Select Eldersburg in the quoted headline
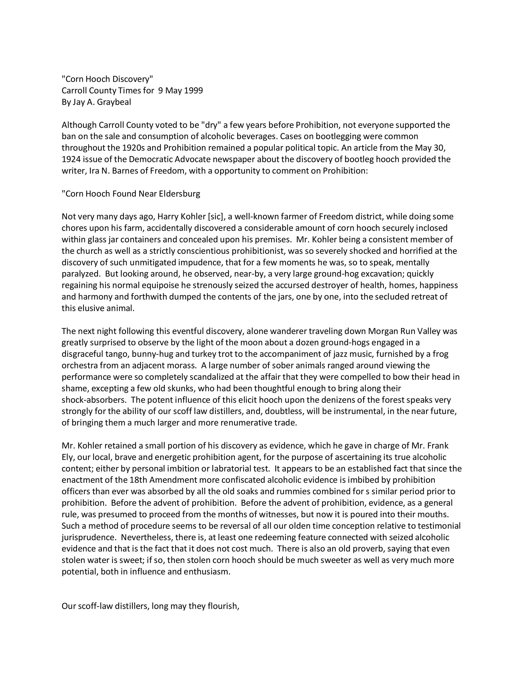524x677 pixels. pos(179,194)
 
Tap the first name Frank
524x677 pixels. pos(438,446)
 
